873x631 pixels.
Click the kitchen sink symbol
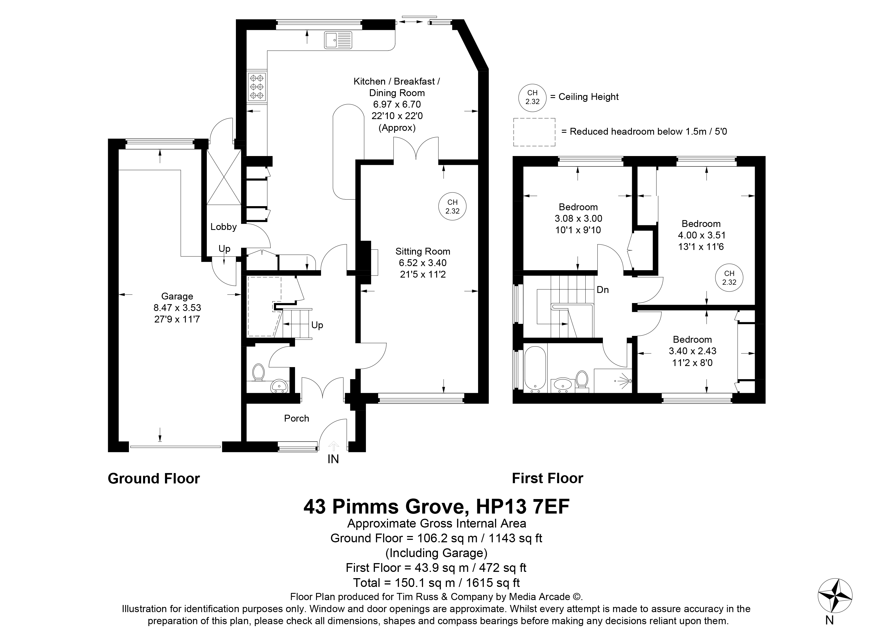tap(338, 40)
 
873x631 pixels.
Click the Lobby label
tap(223, 227)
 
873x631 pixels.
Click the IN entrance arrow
tap(333, 446)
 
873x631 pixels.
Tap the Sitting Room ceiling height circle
tap(452, 207)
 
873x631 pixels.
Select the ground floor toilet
tap(258, 373)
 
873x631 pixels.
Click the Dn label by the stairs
tap(602, 290)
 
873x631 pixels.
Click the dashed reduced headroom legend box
tap(534, 132)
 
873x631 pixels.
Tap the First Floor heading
tap(547, 478)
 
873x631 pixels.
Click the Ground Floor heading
tap(154, 478)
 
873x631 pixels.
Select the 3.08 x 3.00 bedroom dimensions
tap(578, 218)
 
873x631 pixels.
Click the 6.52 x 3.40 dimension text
tap(423, 263)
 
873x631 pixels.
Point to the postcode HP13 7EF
tap(523, 507)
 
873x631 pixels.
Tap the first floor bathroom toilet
tap(582, 380)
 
